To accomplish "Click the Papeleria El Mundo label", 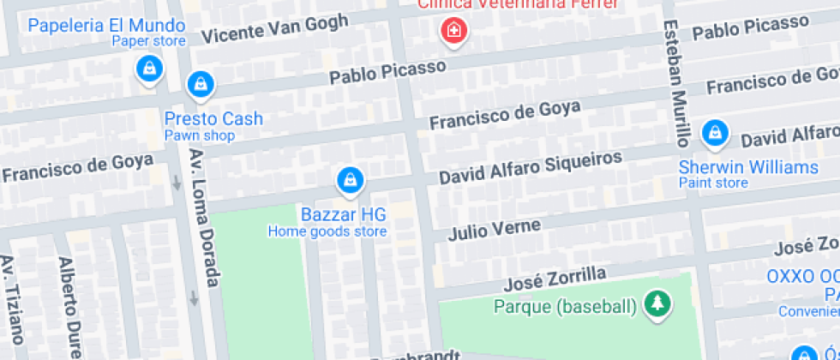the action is pyautogui.click(x=106, y=24).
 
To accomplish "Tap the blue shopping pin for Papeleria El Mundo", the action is pyautogui.click(x=150, y=69).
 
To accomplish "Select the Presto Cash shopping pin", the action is pyautogui.click(x=200, y=83).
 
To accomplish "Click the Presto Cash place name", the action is pyautogui.click(x=213, y=118).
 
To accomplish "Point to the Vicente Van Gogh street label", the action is pyautogui.click(x=275, y=29).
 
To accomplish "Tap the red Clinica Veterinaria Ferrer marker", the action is pyautogui.click(x=450, y=33).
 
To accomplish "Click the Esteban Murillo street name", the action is pyautogui.click(x=676, y=82).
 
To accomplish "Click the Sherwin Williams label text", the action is pyautogui.click(x=748, y=166).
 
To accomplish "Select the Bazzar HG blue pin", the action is pyautogui.click(x=350, y=180).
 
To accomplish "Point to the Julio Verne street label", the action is pyautogui.click(x=494, y=230).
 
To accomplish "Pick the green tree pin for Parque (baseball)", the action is pyautogui.click(x=657, y=303).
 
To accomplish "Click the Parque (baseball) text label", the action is pyautogui.click(x=565, y=306).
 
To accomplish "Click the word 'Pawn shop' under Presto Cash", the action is pyautogui.click(x=200, y=135).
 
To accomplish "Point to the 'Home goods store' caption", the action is pyautogui.click(x=327, y=231).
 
